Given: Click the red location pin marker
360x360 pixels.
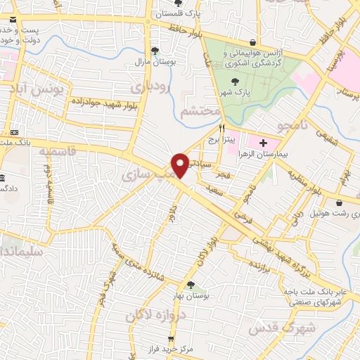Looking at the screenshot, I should (181, 165).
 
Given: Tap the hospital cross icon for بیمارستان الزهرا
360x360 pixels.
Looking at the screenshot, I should (262, 143).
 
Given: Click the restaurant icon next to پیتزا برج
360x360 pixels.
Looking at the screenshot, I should (222, 129).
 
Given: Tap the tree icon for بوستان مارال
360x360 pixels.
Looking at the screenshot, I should (155, 50).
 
